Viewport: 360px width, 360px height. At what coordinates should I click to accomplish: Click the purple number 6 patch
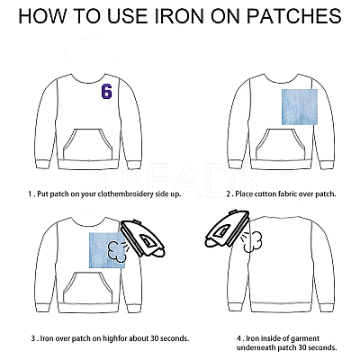click(x=106, y=91)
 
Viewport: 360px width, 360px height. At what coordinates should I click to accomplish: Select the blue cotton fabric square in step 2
click(x=300, y=107)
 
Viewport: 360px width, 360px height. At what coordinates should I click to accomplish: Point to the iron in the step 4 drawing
click(x=227, y=229)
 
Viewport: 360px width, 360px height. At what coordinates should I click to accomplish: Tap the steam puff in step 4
click(x=252, y=241)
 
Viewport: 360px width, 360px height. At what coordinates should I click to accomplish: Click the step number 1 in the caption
click(x=30, y=194)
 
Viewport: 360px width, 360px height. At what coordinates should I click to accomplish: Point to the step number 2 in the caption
click(x=229, y=194)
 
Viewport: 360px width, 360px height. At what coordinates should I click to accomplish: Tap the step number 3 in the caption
click(x=33, y=338)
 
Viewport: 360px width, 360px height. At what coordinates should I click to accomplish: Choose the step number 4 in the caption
click(x=238, y=338)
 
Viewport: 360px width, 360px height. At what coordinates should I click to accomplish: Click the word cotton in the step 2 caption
click(x=263, y=194)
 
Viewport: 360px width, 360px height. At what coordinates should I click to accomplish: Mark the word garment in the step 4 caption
click(x=307, y=339)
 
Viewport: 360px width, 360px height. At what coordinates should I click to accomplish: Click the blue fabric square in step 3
click(x=107, y=250)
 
